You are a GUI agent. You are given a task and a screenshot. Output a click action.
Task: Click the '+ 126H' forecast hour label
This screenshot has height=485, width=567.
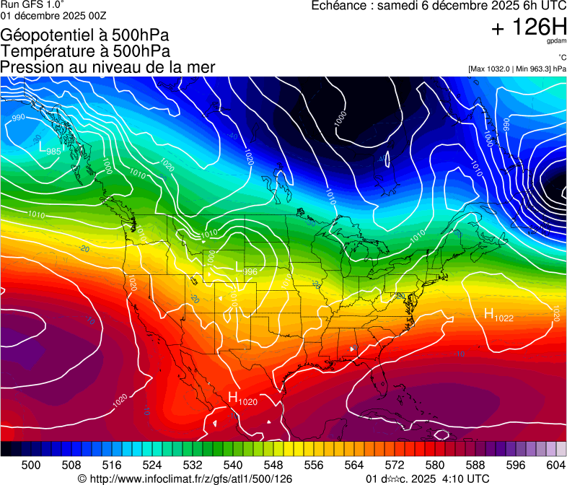[529, 28]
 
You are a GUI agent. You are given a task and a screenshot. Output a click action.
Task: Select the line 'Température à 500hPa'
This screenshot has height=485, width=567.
[85, 51]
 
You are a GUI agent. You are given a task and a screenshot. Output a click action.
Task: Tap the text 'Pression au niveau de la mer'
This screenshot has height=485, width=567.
[107, 67]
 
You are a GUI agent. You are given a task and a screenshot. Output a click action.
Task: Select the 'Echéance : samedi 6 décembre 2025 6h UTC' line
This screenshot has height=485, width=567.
[438, 6]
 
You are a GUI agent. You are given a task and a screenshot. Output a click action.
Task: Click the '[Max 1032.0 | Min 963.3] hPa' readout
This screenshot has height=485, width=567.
[517, 69]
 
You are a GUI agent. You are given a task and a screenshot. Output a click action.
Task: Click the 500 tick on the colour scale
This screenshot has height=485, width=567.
[31, 464]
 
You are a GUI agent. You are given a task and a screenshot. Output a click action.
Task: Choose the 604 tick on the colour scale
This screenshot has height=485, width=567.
[556, 464]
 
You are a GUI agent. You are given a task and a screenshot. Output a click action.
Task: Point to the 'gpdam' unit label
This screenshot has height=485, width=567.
[556, 41]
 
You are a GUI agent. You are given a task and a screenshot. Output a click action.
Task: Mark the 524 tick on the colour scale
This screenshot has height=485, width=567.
[152, 464]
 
